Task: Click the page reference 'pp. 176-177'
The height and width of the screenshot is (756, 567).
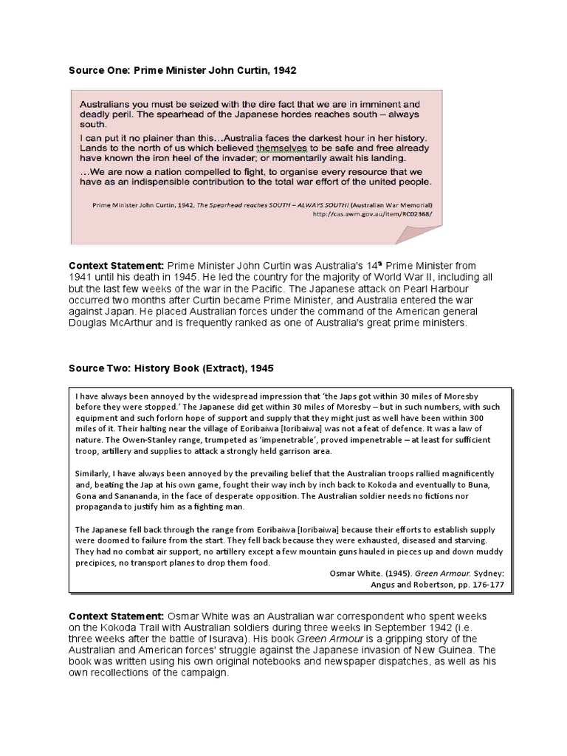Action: click(x=475, y=583)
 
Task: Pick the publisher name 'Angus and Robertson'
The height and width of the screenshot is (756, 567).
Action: click(x=416, y=583)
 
